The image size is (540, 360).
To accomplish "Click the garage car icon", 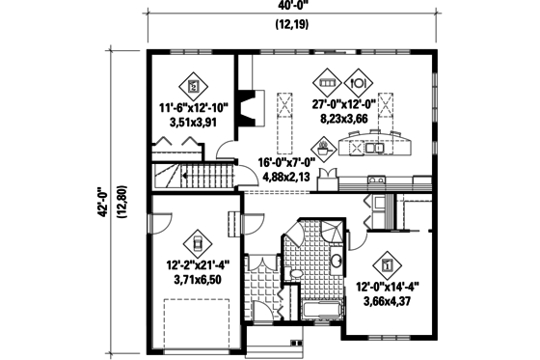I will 198,241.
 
